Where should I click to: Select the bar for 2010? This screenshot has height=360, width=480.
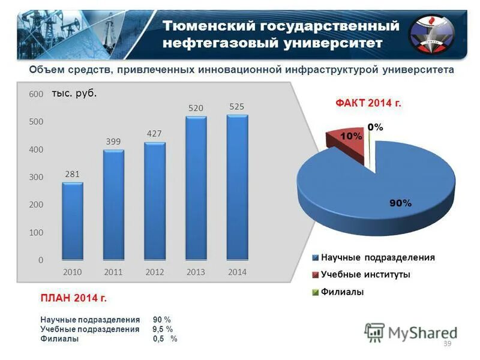tap(73, 221)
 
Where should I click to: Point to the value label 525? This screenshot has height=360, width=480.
tap(237, 106)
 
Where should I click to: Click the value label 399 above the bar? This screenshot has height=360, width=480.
tap(113, 142)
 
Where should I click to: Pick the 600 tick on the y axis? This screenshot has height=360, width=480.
tap(35, 94)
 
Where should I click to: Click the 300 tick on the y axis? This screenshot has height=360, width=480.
tap(35, 177)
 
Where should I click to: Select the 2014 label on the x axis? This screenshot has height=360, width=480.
tap(237, 272)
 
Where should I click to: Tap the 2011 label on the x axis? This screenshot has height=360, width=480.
tap(113, 272)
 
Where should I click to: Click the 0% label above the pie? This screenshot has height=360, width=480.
tap(376, 127)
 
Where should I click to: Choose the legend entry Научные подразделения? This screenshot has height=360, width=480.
tap(377, 257)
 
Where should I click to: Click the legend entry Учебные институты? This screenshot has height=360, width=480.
tap(365, 275)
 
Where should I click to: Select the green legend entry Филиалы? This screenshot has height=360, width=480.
tap(342, 292)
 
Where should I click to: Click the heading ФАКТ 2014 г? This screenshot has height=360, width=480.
tap(367, 103)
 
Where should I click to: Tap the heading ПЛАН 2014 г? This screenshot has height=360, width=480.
tap(73, 298)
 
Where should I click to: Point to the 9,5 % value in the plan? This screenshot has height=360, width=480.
tap(163, 329)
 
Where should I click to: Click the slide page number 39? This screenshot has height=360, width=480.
tap(446, 343)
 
